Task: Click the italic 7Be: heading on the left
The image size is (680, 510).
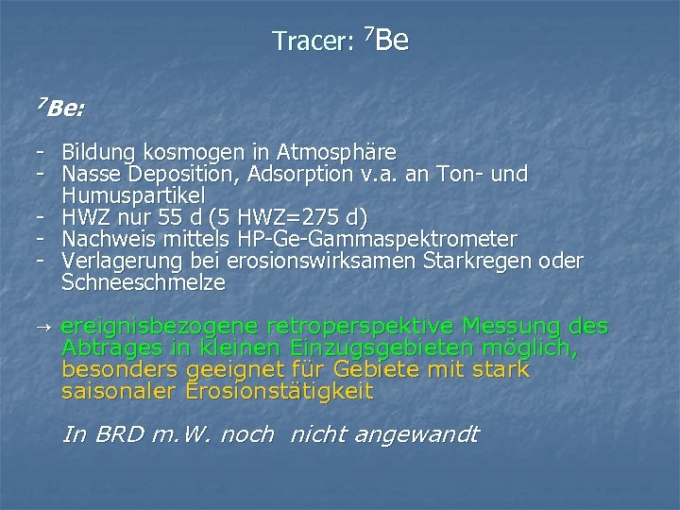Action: point(59,108)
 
